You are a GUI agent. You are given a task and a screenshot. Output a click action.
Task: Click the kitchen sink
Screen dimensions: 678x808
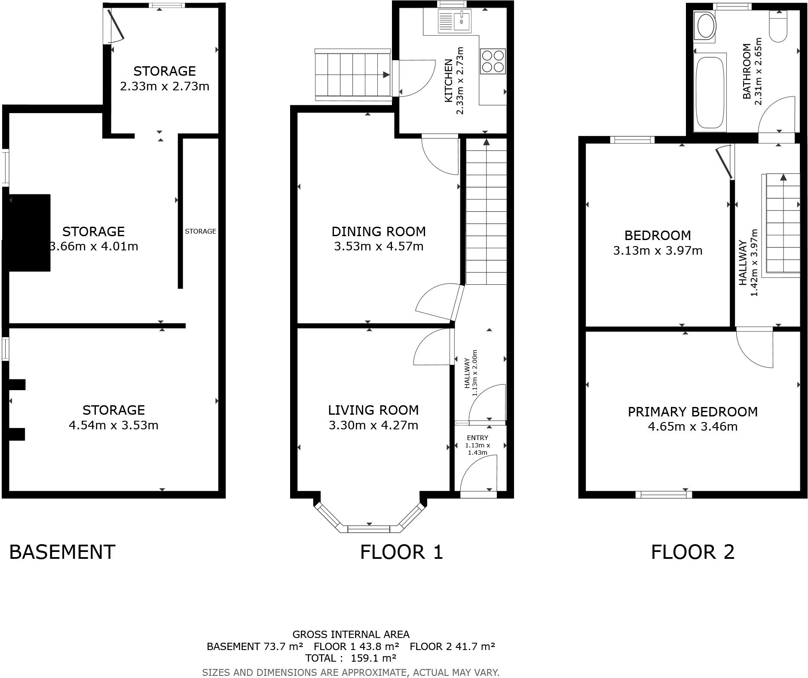click(455, 21)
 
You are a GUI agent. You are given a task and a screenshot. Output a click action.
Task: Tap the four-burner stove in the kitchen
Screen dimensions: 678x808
click(493, 62)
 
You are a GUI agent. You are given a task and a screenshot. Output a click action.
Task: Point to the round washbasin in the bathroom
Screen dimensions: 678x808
click(705, 26)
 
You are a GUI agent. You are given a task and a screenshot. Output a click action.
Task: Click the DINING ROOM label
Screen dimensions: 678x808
click(379, 231)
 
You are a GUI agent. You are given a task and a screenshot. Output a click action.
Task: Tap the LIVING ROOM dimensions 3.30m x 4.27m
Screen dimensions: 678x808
click(373, 425)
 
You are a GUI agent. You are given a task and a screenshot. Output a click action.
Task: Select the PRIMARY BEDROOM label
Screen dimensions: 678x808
click(692, 412)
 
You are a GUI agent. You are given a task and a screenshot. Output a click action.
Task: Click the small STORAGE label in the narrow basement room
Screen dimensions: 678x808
click(200, 231)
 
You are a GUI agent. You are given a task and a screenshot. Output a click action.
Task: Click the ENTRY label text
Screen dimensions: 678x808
click(477, 438)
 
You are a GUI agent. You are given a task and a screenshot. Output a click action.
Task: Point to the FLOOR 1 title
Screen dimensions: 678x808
click(401, 552)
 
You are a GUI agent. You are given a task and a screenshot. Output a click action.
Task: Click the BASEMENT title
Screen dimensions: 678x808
click(62, 552)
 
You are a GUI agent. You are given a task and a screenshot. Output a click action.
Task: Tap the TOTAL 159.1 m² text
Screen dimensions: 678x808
click(350, 658)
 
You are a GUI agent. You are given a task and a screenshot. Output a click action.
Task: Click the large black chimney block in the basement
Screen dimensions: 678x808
click(28, 232)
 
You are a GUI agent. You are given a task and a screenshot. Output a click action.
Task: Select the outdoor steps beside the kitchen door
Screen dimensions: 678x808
click(352, 75)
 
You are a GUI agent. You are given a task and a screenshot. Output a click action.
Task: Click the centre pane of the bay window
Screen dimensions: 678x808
click(369, 528)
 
